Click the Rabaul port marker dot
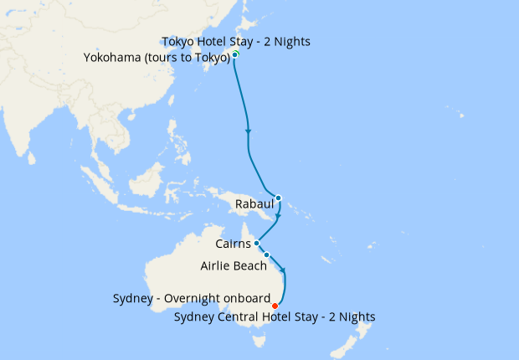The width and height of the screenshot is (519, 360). tap(278, 198)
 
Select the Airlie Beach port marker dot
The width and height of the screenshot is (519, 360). tap(266, 255)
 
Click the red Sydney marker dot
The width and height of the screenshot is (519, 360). tap(275, 306)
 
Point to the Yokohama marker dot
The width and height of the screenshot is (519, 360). tap(234, 55)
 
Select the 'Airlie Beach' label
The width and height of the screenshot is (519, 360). tap(234, 265)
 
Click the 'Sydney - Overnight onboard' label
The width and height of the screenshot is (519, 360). tap(191, 299)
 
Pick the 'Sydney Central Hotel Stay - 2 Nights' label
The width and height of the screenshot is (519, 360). tap(275, 317)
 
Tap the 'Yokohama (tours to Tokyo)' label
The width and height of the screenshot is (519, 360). tap(157, 58)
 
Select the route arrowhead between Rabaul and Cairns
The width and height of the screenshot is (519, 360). tap(277, 215)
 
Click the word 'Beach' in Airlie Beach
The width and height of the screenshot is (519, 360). tap(250, 265)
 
